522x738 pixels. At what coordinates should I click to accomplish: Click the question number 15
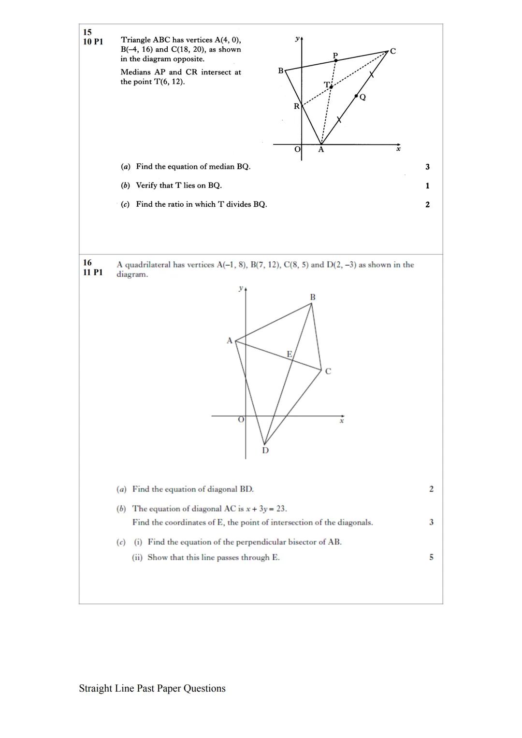87,32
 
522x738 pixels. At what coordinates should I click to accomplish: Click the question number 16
87,263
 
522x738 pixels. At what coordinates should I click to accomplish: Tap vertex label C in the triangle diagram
392,51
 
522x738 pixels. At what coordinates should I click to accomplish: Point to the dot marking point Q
357,96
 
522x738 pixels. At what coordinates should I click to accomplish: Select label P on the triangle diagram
335,55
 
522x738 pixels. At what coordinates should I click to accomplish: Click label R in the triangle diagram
296,106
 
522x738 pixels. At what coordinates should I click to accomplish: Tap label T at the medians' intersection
327,85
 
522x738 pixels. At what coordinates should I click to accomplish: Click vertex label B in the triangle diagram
281,71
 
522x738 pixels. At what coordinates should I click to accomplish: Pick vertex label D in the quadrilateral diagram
265,450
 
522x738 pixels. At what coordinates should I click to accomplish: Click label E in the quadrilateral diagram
290,354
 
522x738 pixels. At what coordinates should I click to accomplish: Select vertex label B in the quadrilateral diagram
313,297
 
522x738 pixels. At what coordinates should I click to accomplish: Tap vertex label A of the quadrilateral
230,341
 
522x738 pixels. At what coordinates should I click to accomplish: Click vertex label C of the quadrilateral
328,371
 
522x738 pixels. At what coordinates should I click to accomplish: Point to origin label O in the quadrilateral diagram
240,420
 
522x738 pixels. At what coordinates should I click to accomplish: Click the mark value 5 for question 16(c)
431,557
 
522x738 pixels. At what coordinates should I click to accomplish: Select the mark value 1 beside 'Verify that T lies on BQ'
427,185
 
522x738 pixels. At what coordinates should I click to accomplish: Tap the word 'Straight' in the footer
96,688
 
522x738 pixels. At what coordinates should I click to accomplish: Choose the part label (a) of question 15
126,167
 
